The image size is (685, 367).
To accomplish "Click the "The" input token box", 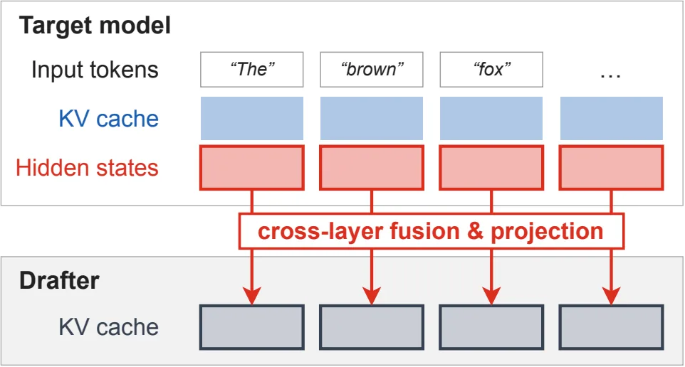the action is (x=251, y=70).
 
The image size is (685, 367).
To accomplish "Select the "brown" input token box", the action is (x=371, y=70).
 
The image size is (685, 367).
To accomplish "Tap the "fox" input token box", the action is (x=491, y=70).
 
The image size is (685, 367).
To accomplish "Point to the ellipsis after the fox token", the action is (x=611, y=76).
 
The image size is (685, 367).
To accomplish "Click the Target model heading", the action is (x=95, y=26).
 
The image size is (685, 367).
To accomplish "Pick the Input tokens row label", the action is (x=95, y=70).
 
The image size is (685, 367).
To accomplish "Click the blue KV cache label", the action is (x=109, y=119).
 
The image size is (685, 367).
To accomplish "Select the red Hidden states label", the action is (x=87, y=168).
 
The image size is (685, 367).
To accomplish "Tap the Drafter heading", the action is (x=59, y=280).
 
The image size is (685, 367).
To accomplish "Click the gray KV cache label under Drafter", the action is (x=109, y=327).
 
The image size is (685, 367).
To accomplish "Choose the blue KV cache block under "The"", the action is (x=251, y=118).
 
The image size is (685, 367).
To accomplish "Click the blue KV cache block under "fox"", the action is (x=491, y=118).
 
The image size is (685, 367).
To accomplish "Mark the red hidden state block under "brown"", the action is (x=371, y=168).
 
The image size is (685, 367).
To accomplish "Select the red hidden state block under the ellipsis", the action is (x=611, y=168).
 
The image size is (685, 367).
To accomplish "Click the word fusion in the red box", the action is (x=424, y=231).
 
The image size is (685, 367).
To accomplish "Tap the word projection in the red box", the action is (x=547, y=232).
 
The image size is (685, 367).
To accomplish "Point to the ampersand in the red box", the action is (x=476, y=231).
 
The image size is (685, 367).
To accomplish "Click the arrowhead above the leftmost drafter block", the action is (x=251, y=295).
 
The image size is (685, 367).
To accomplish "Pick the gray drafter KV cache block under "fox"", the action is (x=491, y=327).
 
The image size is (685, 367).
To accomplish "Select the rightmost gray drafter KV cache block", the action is (x=611, y=327).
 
